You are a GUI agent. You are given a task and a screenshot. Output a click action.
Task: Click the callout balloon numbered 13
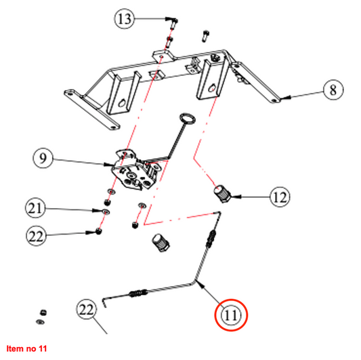click(x=125, y=19)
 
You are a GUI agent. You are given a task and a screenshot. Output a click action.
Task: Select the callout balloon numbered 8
click(x=333, y=89)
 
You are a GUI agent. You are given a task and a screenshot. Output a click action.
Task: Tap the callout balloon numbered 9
click(x=43, y=159)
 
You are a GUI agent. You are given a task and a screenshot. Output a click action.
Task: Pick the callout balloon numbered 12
click(x=280, y=197)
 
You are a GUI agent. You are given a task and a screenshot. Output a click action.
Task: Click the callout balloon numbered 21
click(x=35, y=208)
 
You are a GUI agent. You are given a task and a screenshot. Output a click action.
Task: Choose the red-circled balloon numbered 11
click(x=231, y=315)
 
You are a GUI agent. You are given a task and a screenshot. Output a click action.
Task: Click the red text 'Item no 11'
click(x=26, y=348)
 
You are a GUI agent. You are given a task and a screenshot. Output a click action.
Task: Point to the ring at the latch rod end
click(x=188, y=118)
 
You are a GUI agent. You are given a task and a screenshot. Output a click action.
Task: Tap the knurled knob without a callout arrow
click(x=161, y=243)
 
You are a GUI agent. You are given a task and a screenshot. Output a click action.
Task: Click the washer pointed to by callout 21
click(x=106, y=212)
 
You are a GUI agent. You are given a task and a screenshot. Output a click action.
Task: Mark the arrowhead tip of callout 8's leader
click(x=280, y=98)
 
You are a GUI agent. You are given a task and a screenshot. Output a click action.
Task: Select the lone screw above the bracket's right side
click(x=206, y=36)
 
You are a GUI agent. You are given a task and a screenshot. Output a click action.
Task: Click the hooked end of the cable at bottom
click(x=104, y=302)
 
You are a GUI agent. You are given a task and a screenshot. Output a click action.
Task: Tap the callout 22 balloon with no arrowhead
click(x=86, y=309)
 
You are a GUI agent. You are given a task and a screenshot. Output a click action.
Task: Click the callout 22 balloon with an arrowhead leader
click(x=36, y=236)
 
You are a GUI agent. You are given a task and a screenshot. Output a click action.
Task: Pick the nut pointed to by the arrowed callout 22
click(x=99, y=231)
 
